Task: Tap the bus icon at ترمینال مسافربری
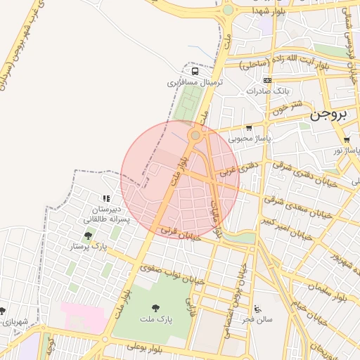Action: point(195,71)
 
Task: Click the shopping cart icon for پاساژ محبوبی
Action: point(249,127)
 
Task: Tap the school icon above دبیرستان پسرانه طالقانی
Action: point(106,199)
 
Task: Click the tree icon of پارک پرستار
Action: point(88,236)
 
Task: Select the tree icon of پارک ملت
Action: point(155,307)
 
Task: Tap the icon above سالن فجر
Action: point(257,308)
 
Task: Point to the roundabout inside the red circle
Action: point(195,135)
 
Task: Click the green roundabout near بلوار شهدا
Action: point(228,11)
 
